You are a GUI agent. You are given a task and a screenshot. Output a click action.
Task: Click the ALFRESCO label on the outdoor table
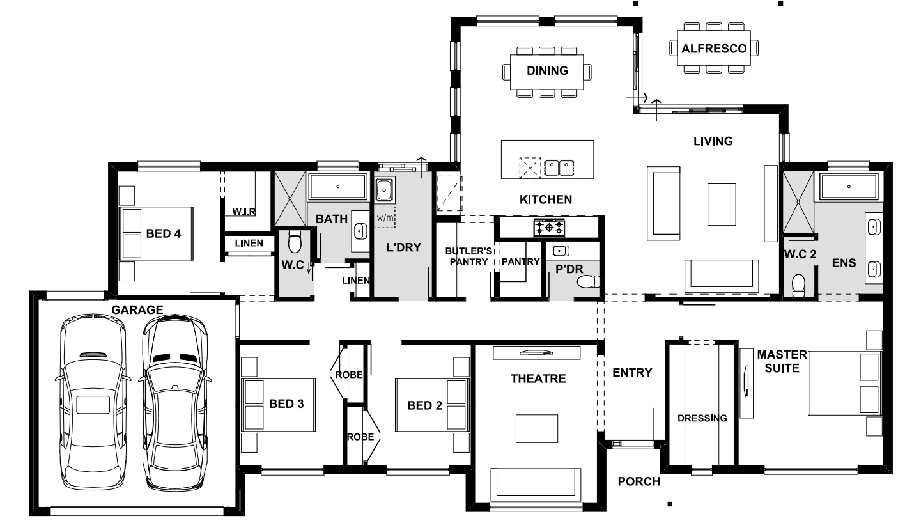714,49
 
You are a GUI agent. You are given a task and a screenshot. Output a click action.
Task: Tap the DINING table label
547,71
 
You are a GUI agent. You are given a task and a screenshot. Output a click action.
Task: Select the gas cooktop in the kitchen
549,228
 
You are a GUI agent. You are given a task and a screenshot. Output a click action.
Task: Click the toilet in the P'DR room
589,282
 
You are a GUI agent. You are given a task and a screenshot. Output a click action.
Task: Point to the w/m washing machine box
385,217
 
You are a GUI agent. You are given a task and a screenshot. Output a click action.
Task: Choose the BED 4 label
163,233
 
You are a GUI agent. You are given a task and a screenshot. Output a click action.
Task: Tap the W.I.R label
244,212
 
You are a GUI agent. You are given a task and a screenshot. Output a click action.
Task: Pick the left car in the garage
93,403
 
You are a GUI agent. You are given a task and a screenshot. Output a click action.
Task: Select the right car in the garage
175,403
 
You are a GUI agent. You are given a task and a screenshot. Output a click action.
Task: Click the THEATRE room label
538,379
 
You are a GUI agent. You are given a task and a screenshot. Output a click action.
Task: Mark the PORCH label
638,481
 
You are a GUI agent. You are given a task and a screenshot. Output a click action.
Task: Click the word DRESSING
702,418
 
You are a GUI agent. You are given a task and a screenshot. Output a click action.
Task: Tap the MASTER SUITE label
782,361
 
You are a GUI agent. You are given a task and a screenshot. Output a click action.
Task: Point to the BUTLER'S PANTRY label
468,256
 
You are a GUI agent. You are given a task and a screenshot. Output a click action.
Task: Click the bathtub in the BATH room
337,186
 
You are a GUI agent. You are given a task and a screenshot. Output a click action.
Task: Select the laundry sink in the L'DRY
384,189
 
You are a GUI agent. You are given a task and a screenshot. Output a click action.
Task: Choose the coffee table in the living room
722,205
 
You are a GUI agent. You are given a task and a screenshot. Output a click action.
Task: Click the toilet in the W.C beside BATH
295,241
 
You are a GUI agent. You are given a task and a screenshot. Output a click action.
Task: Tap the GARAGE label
137,310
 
